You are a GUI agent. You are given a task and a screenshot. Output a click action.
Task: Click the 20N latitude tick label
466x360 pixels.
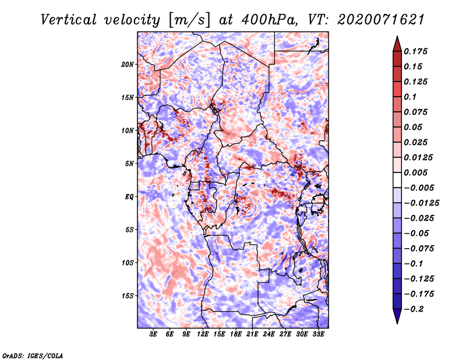[x=128, y=65]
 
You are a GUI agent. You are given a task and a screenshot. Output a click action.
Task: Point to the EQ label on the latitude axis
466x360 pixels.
[x=129, y=197]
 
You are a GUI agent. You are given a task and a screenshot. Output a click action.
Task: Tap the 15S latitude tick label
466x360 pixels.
[x=128, y=296]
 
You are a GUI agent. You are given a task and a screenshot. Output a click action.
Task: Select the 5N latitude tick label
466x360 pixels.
[x=129, y=164]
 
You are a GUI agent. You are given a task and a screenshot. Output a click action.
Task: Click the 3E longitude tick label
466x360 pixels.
[x=153, y=334]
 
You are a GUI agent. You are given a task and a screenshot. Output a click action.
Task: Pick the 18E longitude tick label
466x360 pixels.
[x=236, y=334]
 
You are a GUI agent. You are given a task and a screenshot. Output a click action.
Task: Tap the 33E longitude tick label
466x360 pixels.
[x=318, y=334]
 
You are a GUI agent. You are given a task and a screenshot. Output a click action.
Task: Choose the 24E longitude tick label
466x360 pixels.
[x=269, y=334]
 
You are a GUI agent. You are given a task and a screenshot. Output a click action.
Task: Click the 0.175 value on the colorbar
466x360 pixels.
[x=415, y=51]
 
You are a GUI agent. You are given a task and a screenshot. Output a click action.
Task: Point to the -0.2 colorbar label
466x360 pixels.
[x=414, y=309]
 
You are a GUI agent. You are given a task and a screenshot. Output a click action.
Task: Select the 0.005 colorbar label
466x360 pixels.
[x=415, y=172]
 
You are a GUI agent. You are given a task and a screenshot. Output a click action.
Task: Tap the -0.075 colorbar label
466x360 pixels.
[x=419, y=249]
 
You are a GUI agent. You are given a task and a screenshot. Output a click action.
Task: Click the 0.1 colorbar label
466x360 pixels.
[x=410, y=97]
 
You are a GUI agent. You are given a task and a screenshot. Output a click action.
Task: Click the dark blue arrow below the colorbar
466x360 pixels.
[x=397, y=316]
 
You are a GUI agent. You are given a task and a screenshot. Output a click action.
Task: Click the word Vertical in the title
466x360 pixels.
[x=69, y=20]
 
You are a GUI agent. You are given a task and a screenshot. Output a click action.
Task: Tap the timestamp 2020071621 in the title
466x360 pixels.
[x=381, y=20]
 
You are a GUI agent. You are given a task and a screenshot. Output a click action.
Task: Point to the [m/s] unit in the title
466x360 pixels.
[x=189, y=20]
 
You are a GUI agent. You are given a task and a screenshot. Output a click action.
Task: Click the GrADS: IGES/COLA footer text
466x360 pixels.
[x=33, y=355]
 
